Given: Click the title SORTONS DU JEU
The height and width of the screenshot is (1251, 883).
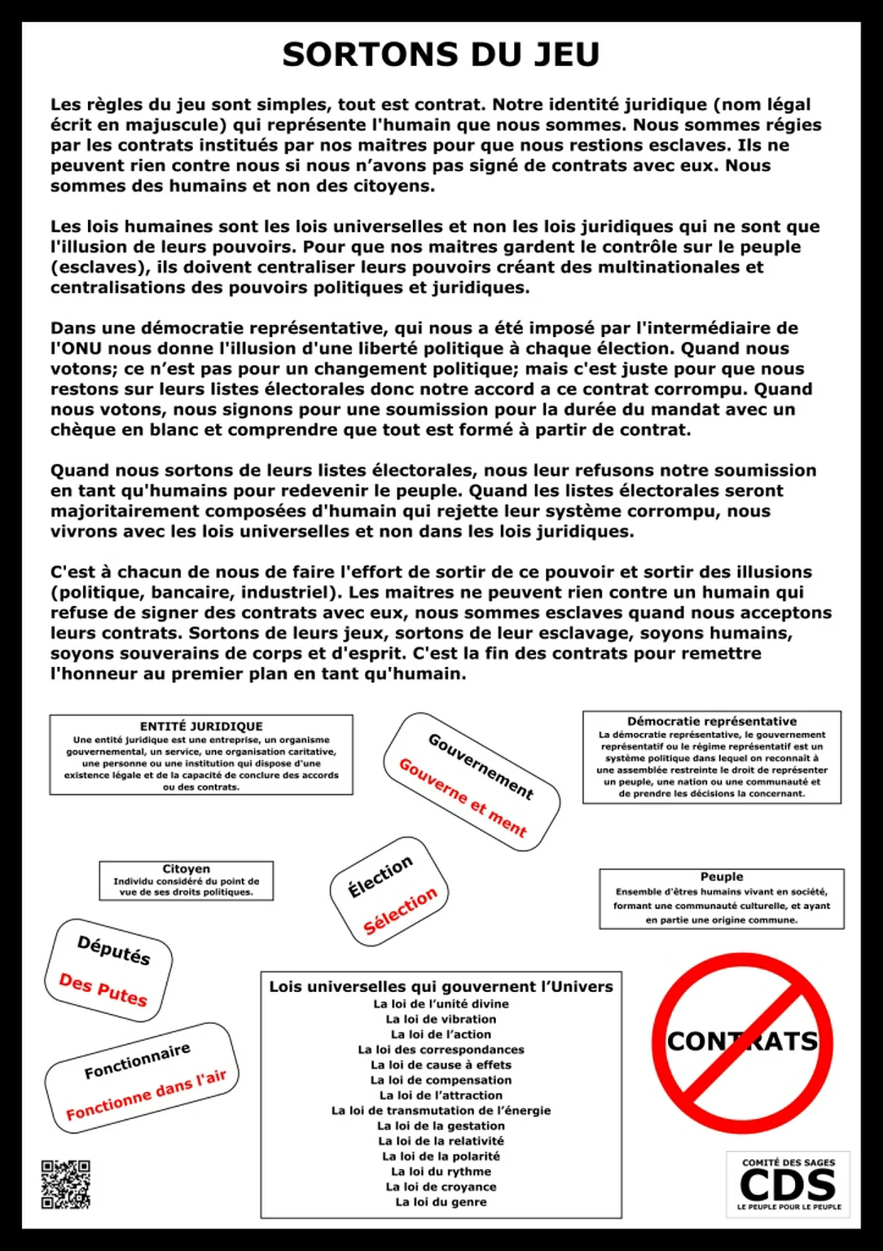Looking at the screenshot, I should (x=441, y=55).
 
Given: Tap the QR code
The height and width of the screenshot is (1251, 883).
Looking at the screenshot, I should (x=66, y=1184).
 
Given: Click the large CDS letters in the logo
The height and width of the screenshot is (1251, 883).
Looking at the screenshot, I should (x=787, y=1185).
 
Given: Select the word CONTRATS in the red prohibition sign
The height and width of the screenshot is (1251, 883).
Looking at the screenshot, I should (x=742, y=1041).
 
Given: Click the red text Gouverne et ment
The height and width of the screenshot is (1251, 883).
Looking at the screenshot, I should (x=463, y=797).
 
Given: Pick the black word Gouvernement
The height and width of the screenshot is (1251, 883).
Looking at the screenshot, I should (x=481, y=766).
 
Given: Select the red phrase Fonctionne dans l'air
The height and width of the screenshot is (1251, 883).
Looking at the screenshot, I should (x=146, y=1094).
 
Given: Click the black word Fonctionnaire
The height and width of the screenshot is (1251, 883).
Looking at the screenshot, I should (x=137, y=1061).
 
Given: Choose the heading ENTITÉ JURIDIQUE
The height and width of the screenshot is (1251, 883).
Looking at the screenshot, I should (x=201, y=726).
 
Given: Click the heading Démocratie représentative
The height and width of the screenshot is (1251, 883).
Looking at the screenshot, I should (x=712, y=721).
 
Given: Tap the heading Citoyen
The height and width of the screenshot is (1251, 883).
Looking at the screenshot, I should (x=186, y=869).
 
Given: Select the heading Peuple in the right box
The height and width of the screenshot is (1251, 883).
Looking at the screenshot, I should (x=722, y=876).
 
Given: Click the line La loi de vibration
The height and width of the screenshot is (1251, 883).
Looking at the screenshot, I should (x=441, y=1019).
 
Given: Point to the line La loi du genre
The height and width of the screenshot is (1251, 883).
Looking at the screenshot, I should (x=441, y=1202).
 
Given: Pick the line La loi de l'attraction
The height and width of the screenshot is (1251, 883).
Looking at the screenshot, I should (x=441, y=1095).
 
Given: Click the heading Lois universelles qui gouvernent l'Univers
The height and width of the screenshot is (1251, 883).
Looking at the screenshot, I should (x=441, y=987).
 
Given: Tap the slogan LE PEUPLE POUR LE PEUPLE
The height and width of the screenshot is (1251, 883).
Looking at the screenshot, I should (x=789, y=1207).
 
